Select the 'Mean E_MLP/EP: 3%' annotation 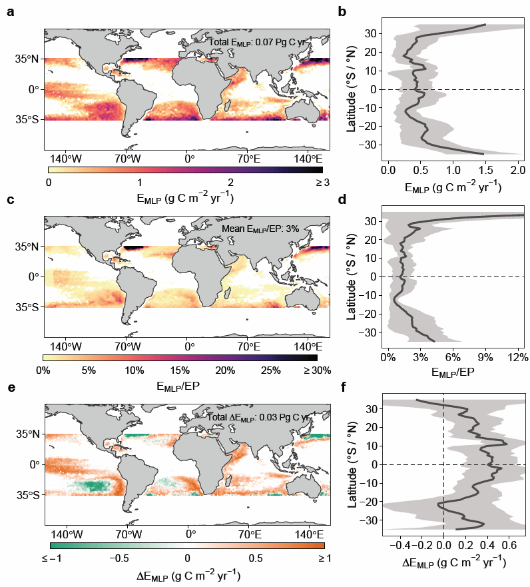[260, 229]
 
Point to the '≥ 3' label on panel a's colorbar [323, 183]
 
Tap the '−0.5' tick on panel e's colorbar [119, 558]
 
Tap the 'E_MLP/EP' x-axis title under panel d [453, 372]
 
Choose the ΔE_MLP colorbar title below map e [188, 575]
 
